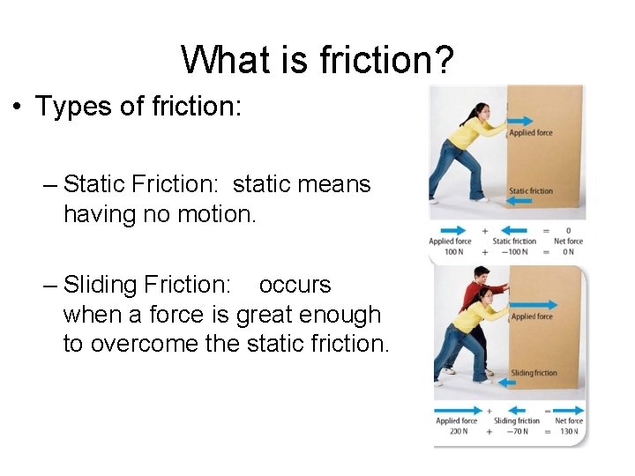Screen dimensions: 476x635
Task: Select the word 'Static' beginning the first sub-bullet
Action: coord(96,184)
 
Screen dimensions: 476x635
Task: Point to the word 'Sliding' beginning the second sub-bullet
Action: coord(101,285)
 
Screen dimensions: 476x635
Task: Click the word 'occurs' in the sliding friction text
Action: coord(295,285)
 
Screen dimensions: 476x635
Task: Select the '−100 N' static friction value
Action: coord(514,252)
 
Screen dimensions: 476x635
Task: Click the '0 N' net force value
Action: coord(569,252)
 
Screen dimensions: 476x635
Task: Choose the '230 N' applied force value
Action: coord(456,432)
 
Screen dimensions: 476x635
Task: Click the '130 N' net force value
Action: coord(569,432)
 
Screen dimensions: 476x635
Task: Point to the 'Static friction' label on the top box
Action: coord(531,191)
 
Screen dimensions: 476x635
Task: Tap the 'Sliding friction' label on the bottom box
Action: coord(534,373)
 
